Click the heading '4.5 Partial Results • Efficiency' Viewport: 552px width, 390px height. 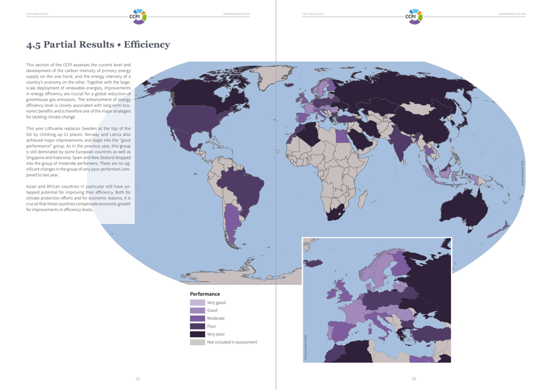click(x=98, y=45)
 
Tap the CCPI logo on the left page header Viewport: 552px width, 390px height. click(x=138, y=16)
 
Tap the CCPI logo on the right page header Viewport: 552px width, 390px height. click(x=414, y=16)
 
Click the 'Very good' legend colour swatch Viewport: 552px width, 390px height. click(x=197, y=303)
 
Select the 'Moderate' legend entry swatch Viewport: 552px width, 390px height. click(x=197, y=319)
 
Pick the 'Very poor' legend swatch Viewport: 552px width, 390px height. click(x=197, y=334)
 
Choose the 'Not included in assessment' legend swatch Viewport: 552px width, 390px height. click(x=197, y=342)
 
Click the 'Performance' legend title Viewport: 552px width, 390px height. click(x=205, y=294)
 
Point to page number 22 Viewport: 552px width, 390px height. click(x=138, y=378)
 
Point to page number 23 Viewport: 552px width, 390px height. click(x=414, y=378)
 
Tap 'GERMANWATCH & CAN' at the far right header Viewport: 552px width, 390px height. click(x=512, y=14)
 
